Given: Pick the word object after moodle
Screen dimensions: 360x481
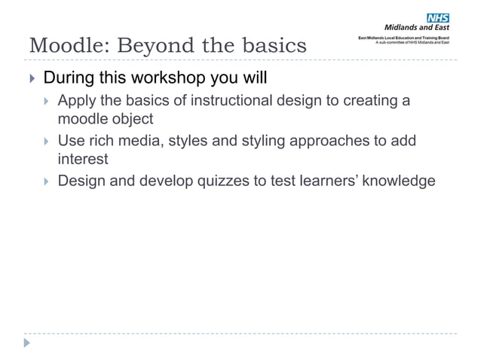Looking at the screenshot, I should pyautogui.click(x=133, y=119).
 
